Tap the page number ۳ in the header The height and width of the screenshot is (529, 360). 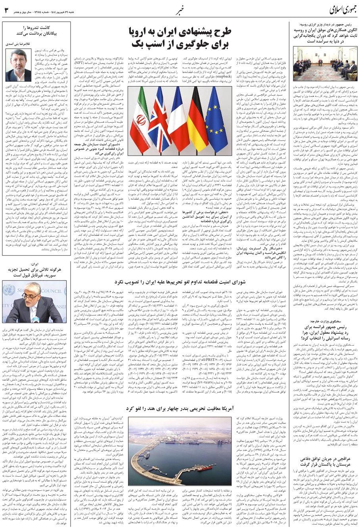(x=6, y=10)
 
